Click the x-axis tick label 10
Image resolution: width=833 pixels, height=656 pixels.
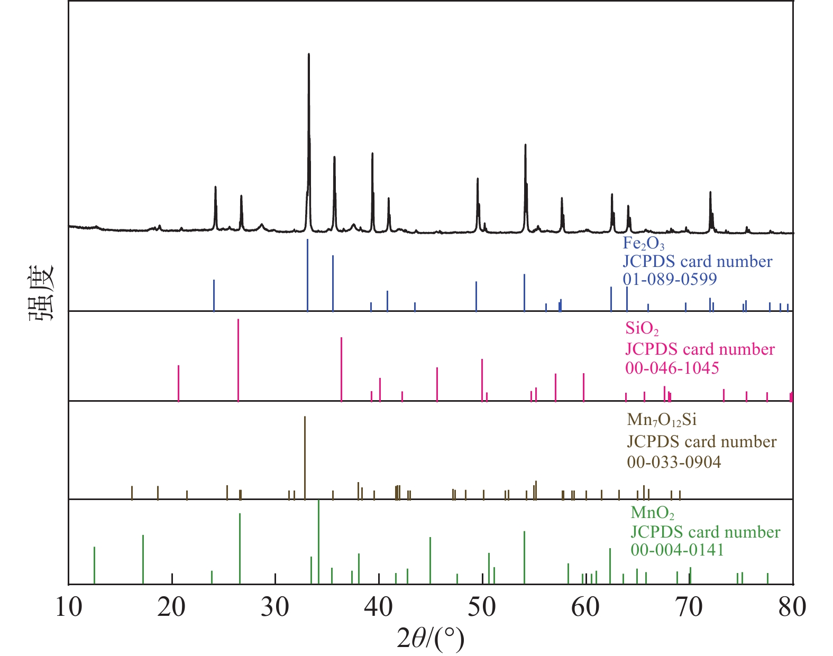point(69,607)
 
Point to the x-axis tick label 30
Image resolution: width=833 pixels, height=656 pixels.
point(275,607)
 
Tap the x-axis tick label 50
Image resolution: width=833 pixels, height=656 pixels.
point(482,607)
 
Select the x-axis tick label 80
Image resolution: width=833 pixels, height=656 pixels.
point(792,607)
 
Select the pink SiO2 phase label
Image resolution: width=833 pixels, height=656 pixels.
point(642,329)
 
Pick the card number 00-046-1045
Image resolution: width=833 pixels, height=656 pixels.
point(672,367)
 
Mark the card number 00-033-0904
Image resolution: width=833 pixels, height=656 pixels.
point(674,462)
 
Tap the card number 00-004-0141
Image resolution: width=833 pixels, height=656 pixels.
point(677,550)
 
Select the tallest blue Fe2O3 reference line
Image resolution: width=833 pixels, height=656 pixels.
point(307,275)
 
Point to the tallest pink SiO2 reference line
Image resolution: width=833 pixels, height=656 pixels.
point(239,359)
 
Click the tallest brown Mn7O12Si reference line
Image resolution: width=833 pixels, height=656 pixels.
point(305,457)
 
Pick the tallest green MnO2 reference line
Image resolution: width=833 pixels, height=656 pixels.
point(318,542)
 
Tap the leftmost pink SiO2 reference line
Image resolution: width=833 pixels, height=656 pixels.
point(179,383)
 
